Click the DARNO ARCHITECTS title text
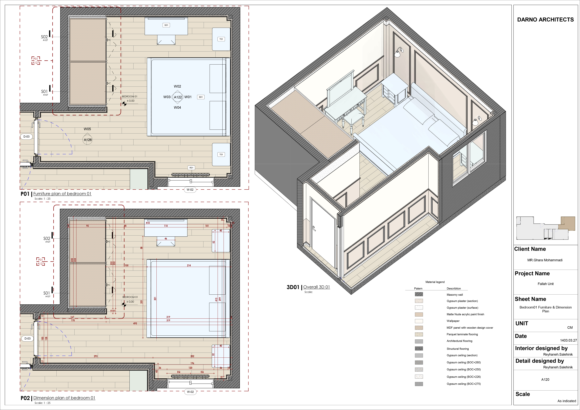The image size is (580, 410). (x=545, y=20)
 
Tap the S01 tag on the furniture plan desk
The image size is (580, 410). (x=166, y=25)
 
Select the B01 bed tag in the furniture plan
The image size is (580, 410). (x=201, y=97)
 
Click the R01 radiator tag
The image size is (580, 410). (x=191, y=168)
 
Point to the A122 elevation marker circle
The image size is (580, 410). (x=178, y=97)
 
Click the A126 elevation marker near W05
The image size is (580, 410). (x=88, y=140)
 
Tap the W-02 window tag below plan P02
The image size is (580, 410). (x=190, y=392)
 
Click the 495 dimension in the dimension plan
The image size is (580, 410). (x=135, y=323)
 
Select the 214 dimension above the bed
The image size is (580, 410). (x=189, y=266)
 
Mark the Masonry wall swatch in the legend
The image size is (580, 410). (x=419, y=294)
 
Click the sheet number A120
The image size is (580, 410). (x=545, y=379)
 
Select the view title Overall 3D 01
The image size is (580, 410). (x=317, y=287)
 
